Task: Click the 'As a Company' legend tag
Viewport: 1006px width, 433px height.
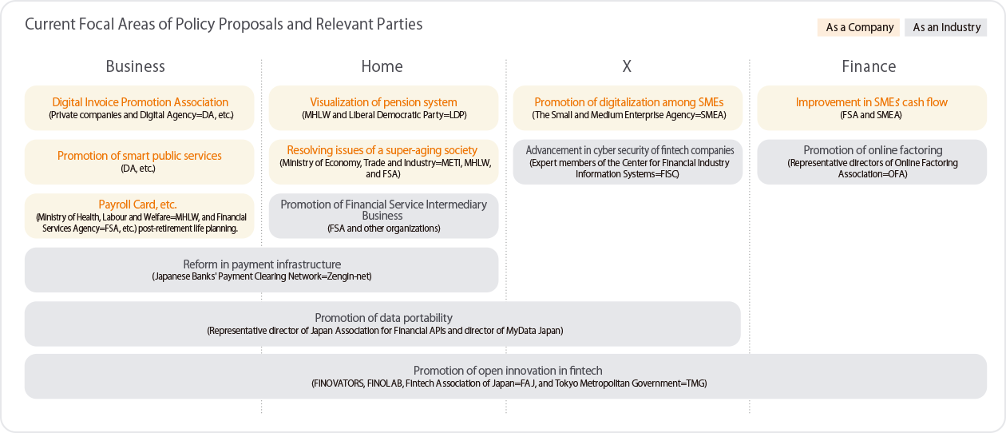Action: tap(858, 27)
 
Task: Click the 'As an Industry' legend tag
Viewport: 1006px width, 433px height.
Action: tap(946, 27)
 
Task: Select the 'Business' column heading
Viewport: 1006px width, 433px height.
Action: tap(135, 66)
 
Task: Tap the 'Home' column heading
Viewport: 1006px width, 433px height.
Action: tap(382, 66)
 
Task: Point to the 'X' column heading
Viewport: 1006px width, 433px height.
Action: tap(627, 66)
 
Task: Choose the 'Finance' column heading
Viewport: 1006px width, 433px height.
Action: tap(869, 66)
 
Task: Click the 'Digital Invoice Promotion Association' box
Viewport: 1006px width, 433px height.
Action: tap(139, 108)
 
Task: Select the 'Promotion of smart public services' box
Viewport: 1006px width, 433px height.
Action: tap(139, 161)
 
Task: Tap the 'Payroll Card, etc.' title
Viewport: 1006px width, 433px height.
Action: tap(137, 205)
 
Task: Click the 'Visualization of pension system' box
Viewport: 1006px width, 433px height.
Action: tap(383, 108)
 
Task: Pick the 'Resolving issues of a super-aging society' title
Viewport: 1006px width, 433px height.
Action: tap(382, 150)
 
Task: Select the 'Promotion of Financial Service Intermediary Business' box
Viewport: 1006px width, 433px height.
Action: tap(383, 216)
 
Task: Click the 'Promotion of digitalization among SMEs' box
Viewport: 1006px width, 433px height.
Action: tap(628, 108)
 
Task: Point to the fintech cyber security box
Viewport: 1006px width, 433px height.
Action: tap(628, 161)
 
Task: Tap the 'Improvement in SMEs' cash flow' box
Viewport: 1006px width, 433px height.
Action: tap(872, 108)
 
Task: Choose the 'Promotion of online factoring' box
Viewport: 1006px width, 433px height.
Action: tap(872, 161)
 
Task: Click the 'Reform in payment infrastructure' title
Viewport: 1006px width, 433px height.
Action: tap(262, 264)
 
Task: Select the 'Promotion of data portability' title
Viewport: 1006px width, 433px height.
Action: tap(383, 318)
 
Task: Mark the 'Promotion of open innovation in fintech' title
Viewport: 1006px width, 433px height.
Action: tap(508, 371)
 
